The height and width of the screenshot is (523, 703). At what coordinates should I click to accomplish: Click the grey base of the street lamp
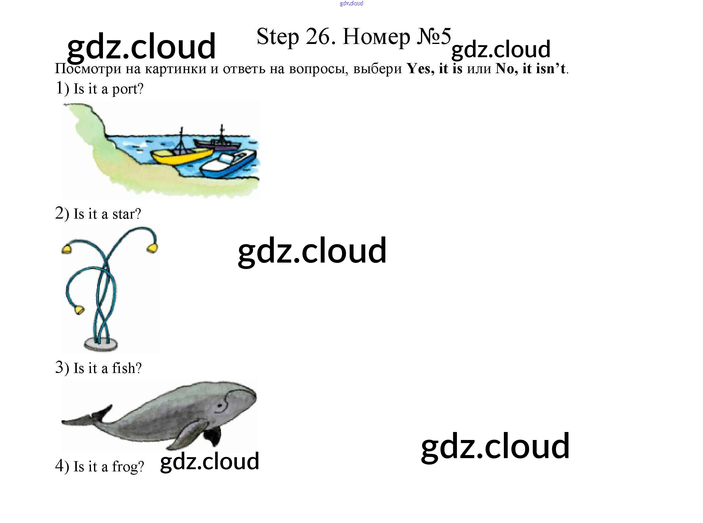tap(100, 344)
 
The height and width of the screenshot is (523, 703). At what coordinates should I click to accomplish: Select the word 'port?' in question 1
tap(128, 89)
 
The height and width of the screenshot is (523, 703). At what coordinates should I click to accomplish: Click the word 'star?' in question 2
tap(127, 214)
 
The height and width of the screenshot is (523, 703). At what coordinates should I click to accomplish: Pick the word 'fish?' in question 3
tap(127, 368)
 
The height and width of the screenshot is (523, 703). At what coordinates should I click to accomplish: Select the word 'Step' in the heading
tap(277, 37)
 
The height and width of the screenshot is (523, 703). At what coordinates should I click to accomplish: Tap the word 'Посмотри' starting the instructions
tap(88, 69)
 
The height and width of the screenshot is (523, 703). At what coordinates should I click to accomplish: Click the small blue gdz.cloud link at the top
tap(351, 3)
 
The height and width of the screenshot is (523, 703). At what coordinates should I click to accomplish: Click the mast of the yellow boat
tap(181, 139)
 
